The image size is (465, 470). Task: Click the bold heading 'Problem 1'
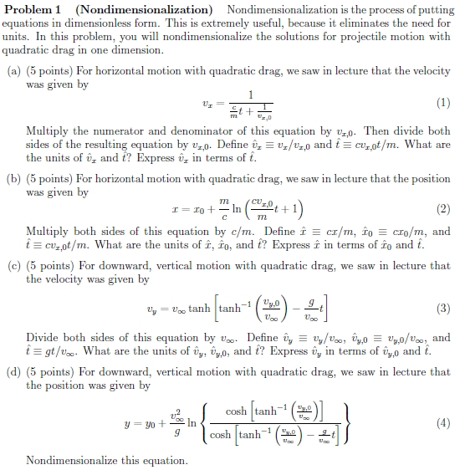pyautogui.click(x=31, y=9)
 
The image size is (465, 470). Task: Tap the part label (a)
pyautogui.click(x=13, y=72)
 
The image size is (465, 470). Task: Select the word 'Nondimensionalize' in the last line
pyautogui.click(x=70, y=461)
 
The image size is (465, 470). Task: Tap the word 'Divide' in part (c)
pyautogui.click(x=43, y=339)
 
